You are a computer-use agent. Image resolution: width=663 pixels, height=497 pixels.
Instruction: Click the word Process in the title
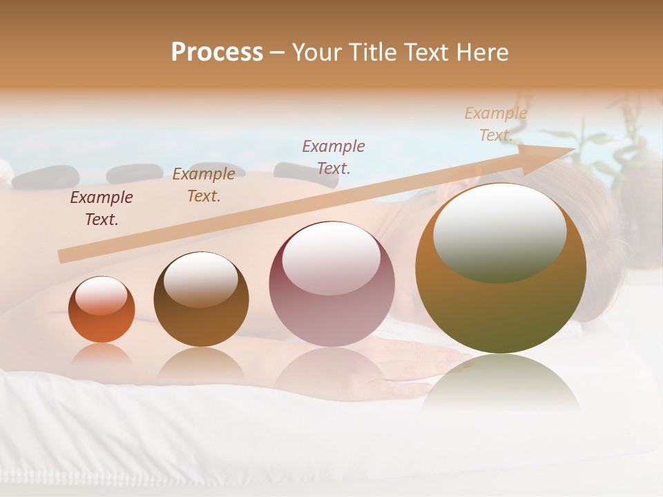point(217,52)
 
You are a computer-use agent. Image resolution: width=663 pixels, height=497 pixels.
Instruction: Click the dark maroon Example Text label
point(102,208)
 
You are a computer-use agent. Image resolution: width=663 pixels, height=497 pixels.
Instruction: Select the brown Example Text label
point(204,185)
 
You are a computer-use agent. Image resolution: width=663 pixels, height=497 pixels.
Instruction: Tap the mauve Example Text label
point(334,157)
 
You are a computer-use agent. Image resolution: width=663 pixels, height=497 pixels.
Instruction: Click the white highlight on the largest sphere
point(500,233)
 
